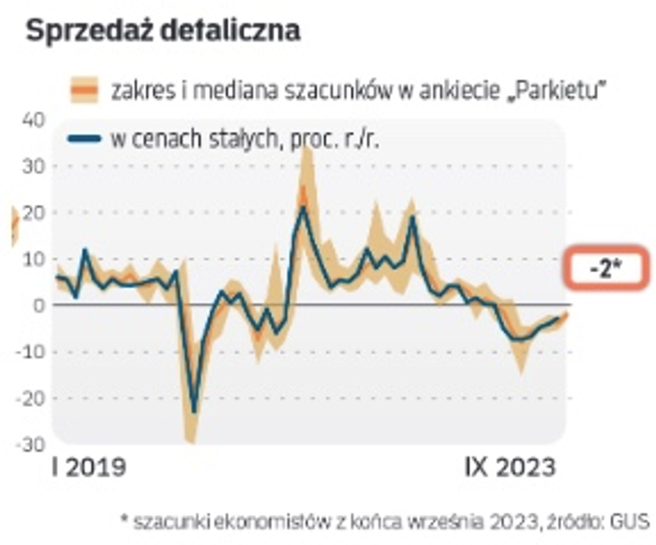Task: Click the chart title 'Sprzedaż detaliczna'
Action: [163, 31]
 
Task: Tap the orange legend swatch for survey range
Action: [84, 90]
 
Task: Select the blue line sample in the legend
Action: [84, 138]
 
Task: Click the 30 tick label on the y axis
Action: [34, 167]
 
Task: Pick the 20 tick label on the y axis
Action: [34, 213]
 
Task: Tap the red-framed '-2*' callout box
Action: [605, 268]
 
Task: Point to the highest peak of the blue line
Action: [303, 206]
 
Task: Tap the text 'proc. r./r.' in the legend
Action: [334, 139]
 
